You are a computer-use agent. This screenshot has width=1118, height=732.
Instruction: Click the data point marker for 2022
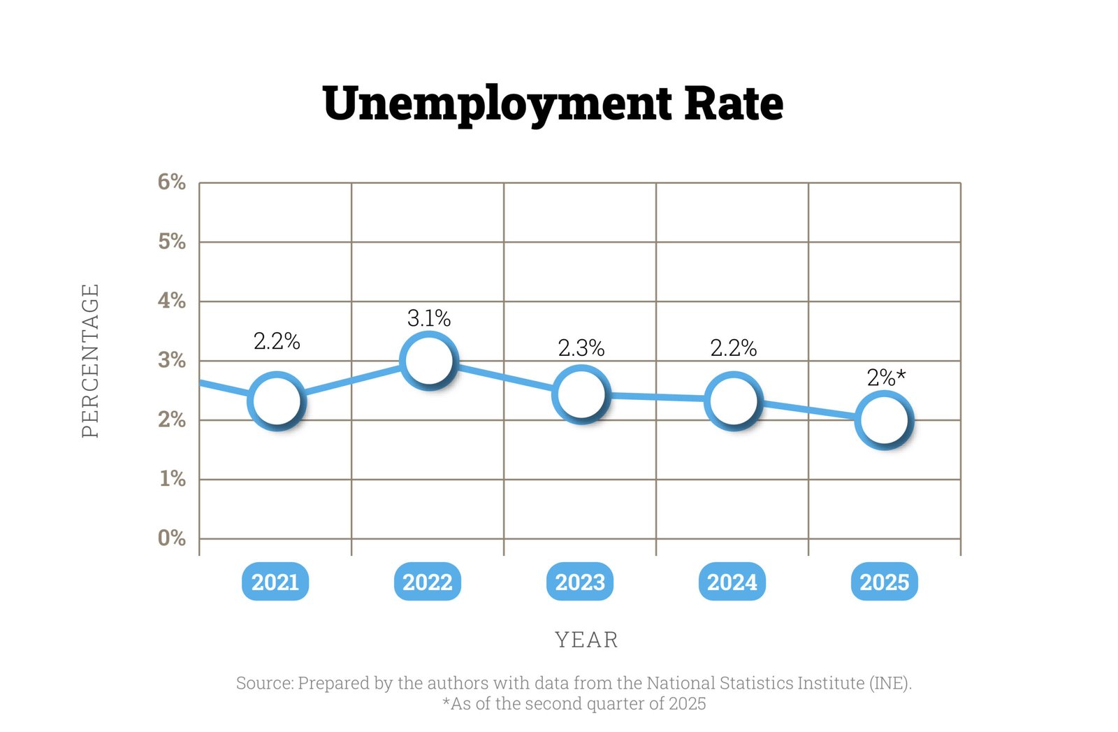(x=428, y=360)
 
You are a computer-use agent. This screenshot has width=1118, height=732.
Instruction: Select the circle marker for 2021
(x=277, y=401)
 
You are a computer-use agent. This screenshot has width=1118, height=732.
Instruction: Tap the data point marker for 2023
(x=581, y=394)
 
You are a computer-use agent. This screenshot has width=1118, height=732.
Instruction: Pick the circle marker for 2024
(x=732, y=401)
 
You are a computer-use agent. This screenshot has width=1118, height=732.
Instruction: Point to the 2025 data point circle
(x=884, y=419)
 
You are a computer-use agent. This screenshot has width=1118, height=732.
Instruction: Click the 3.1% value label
(x=429, y=319)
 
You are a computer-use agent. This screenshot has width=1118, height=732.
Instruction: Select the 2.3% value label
(x=581, y=347)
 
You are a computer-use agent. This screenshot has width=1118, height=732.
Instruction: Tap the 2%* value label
(x=886, y=378)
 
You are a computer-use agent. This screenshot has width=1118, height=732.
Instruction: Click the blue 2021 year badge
(x=275, y=582)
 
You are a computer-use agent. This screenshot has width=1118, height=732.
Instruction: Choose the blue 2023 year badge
(x=580, y=582)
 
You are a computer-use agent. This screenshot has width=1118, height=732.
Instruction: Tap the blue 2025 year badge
(x=884, y=582)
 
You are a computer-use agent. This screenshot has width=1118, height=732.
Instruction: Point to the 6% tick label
(x=172, y=182)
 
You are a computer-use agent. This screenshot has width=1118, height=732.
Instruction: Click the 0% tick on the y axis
(x=172, y=538)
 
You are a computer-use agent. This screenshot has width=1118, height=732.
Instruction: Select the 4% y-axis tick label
(x=172, y=301)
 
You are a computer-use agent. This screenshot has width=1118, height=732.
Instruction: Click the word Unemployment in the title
(x=497, y=103)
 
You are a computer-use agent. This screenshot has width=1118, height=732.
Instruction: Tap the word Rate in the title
(x=734, y=103)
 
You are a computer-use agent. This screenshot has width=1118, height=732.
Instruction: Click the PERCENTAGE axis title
(x=91, y=360)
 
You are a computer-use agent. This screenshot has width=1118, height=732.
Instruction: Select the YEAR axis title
(x=586, y=640)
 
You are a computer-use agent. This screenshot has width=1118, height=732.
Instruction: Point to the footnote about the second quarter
(x=574, y=703)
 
